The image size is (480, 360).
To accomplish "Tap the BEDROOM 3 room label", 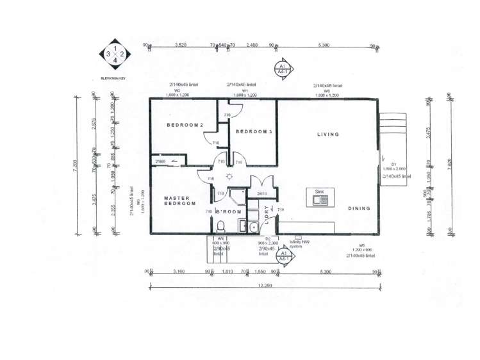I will (x=254, y=131).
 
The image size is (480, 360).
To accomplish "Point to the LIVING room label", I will (x=327, y=135).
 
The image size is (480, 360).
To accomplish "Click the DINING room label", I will (x=359, y=208).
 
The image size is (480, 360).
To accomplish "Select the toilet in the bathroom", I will (x=220, y=226).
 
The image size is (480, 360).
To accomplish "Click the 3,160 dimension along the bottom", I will (x=178, y=272).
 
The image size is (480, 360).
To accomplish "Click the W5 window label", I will (x=361, y=245).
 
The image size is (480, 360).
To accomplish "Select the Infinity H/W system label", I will (x=295, y=243).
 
